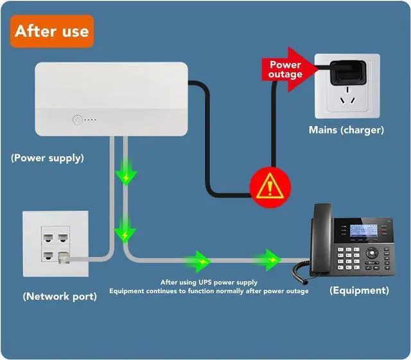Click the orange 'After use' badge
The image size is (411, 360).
[52, 31]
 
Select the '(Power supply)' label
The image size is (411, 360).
[48, 157]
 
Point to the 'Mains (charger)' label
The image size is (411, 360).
[346, 130]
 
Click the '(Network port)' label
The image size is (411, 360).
[60, 296]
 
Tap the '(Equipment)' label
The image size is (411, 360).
[359, 291]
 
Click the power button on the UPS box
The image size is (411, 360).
[76, 120]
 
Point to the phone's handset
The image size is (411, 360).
[320, 238]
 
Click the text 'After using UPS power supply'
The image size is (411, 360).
[209, 282]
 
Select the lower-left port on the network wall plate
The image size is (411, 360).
[49, 256]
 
